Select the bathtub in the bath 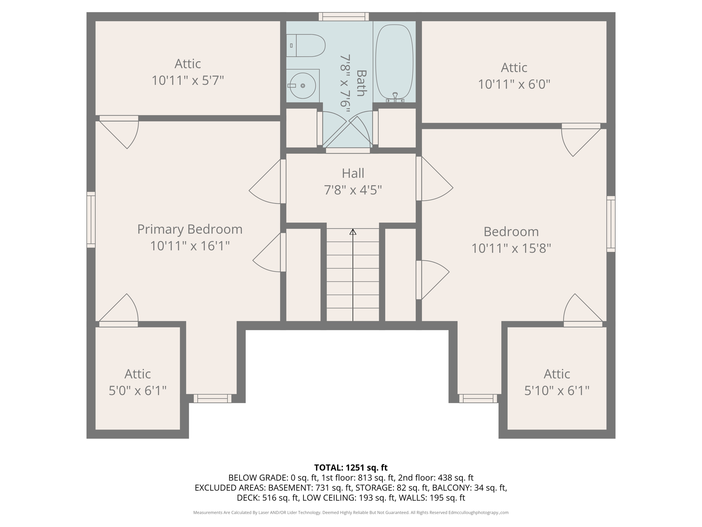click(x=394, y=62)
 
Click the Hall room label click(x=353, y=173)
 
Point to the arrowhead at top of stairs click(x=353, y=232)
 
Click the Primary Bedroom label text click(x=190, y=229)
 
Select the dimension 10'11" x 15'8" click(x=511, y=248)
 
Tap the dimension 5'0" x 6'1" click(x=137, y=390)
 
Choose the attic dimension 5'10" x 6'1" click(x=557, y=390)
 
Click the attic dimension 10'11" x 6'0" click(x=514, y=84)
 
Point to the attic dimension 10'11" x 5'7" click(x=187, y=81)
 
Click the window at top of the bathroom click(x=343, y=16)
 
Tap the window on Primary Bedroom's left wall click(x=91, y=220)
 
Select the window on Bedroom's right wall click(x=611, y=224)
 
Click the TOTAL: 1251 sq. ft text click(x=351, y=468)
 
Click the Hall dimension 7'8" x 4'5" click(x=353, y=190)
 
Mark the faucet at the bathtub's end click(x=395, y=97)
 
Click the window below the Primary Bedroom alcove click(x=212, y=398)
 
